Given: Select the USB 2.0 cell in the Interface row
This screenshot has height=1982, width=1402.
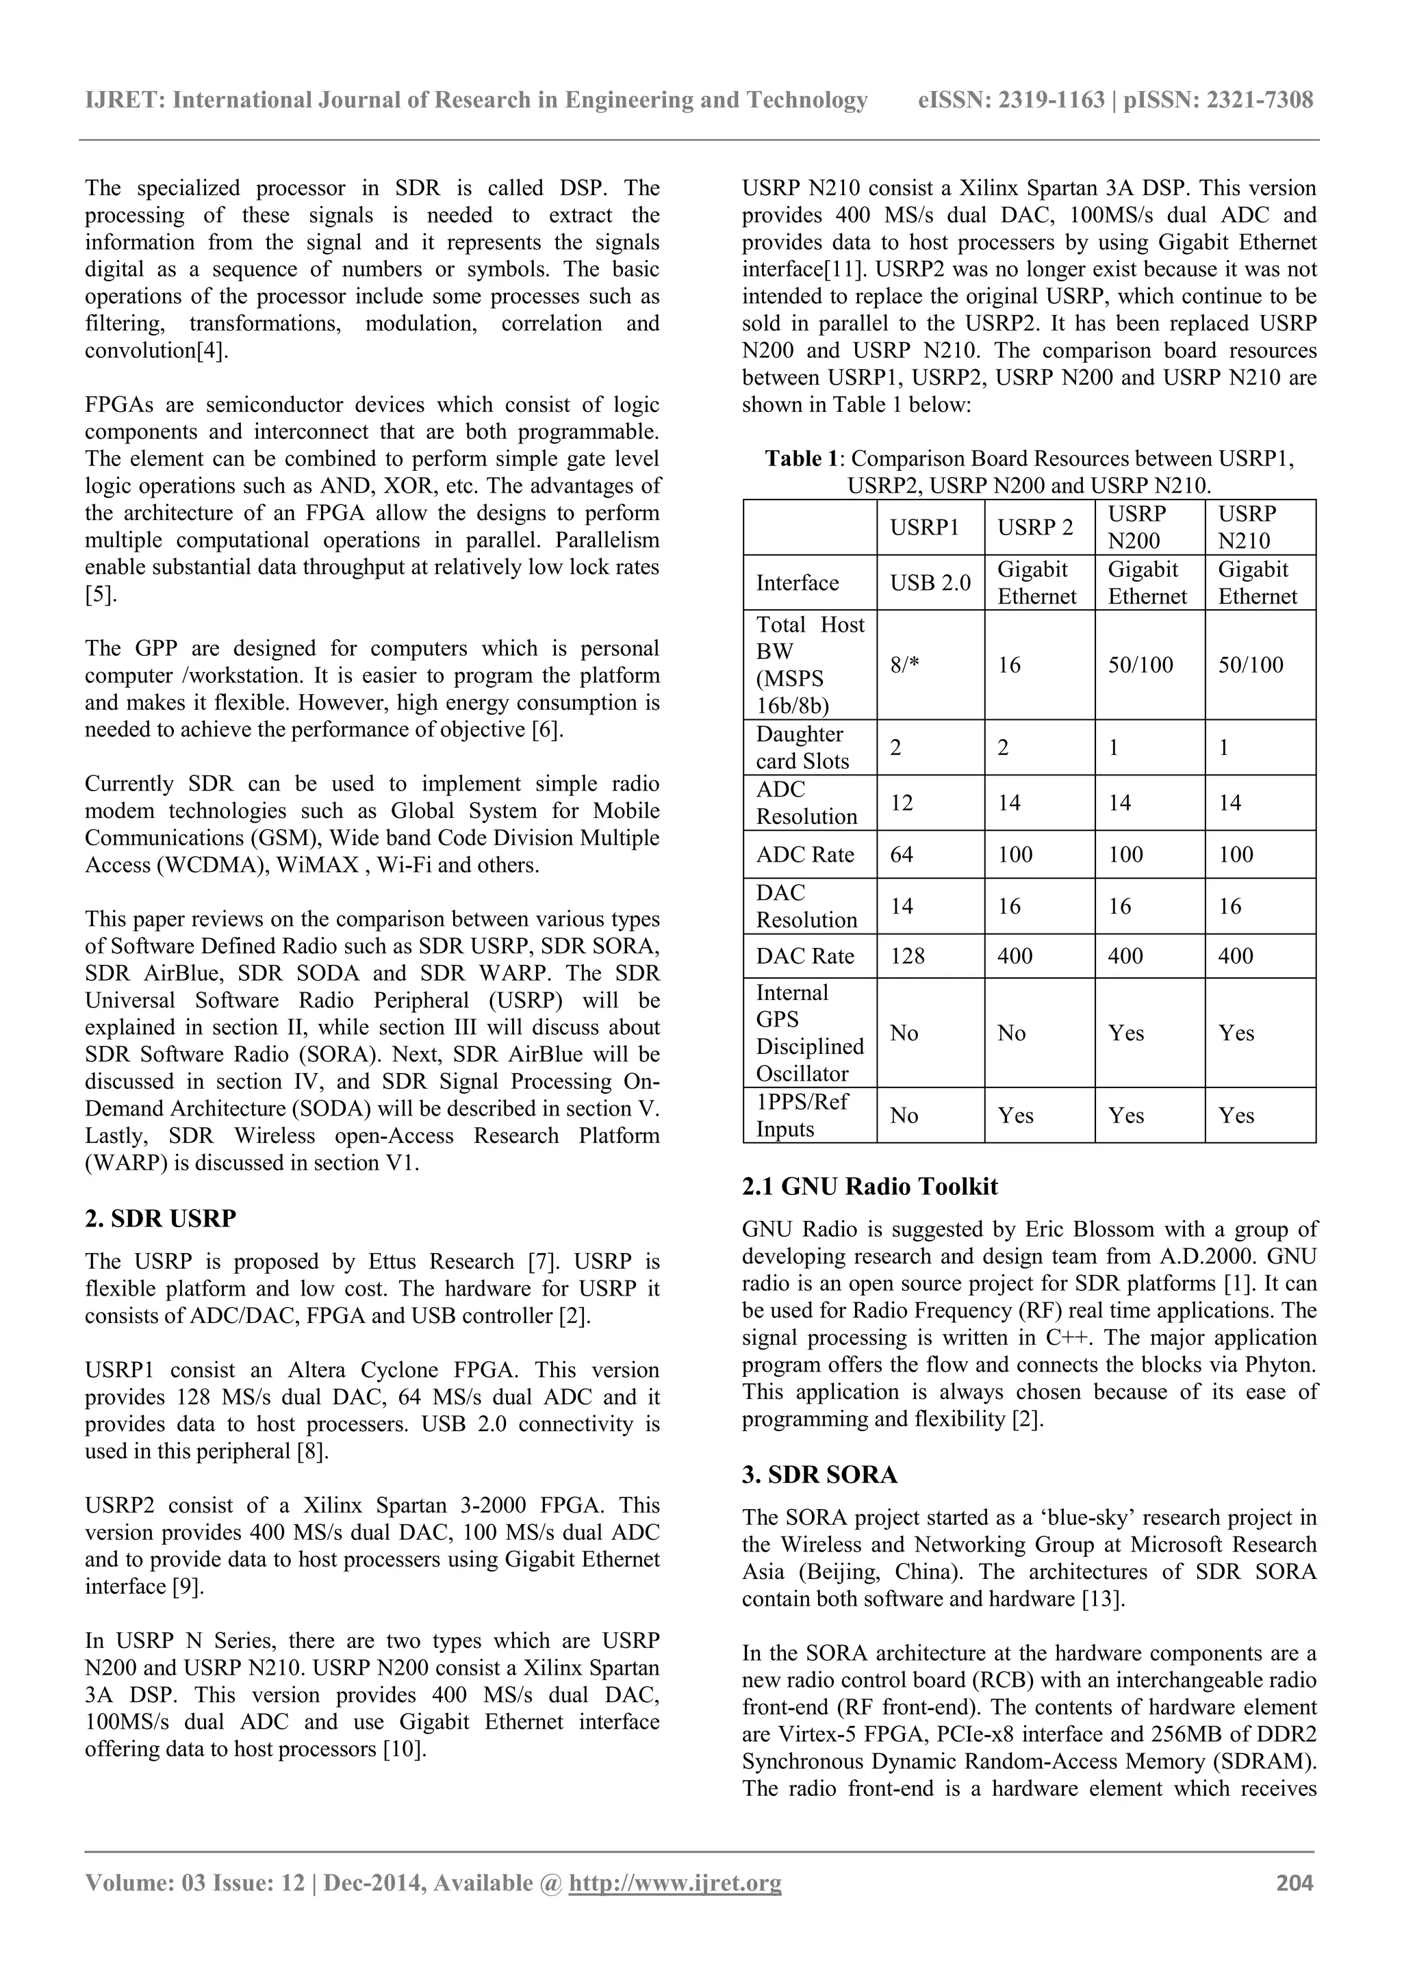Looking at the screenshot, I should point(930,582).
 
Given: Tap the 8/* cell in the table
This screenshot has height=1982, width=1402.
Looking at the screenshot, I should point(906,665).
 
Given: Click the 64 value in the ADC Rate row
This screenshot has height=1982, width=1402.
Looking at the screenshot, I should point(902,855).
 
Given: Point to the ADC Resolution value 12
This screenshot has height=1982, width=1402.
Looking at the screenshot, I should point(902,803).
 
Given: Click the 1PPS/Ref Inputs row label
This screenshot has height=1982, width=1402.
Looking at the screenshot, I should point(802,1116).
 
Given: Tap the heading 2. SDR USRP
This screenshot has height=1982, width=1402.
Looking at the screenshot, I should point(161,1219).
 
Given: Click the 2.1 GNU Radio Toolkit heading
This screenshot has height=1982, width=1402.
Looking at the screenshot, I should point(869,1186).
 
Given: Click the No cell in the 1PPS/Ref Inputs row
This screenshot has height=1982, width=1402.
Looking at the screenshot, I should point(904,1116).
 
